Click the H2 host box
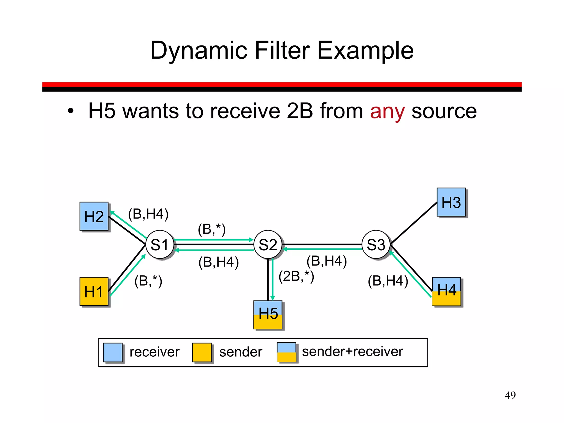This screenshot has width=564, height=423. (x=94, y=216)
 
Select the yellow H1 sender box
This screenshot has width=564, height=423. (x=94, y=291)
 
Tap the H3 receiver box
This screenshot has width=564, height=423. (x=451, y=202)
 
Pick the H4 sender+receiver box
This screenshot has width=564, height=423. (x=446, y=291)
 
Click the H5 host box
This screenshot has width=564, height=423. (x=268, y=315)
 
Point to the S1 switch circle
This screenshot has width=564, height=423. (x=160, y=245)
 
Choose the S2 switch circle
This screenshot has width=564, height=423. (x=268, y=245)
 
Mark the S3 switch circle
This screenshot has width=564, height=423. (x=376, y=245)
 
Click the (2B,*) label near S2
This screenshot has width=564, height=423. (x=296, y=276)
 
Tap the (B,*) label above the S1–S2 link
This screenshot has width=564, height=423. (x=212, y=229)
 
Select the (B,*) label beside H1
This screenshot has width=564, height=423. (x=148, y=281)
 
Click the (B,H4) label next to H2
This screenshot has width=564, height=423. (x=148, y=214)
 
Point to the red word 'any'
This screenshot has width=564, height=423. (x=387, y=112)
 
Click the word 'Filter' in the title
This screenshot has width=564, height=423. (x=283, y=50)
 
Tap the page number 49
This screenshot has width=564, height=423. (x=510, y=395)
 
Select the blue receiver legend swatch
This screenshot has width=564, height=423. (x=113, y=352)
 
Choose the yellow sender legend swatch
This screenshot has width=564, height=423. (x=202, y=352)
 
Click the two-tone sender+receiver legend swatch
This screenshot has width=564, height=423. (x=286, y=352)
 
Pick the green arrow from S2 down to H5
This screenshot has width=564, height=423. (x=273, y=280)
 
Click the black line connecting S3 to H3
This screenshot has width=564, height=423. (x=414, y=223)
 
